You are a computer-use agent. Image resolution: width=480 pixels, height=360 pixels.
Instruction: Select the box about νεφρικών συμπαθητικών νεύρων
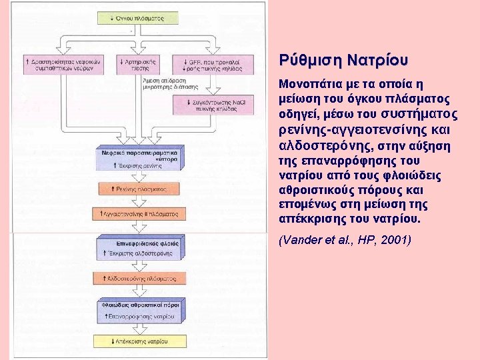(x=56, y=65)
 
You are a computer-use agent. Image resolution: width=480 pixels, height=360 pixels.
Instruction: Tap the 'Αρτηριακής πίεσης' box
(x=138, y=65)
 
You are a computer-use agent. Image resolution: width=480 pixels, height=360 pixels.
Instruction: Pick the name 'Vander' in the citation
(x=299, y=239)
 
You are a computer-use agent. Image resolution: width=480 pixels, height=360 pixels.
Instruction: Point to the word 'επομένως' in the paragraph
(x=304, y=205)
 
